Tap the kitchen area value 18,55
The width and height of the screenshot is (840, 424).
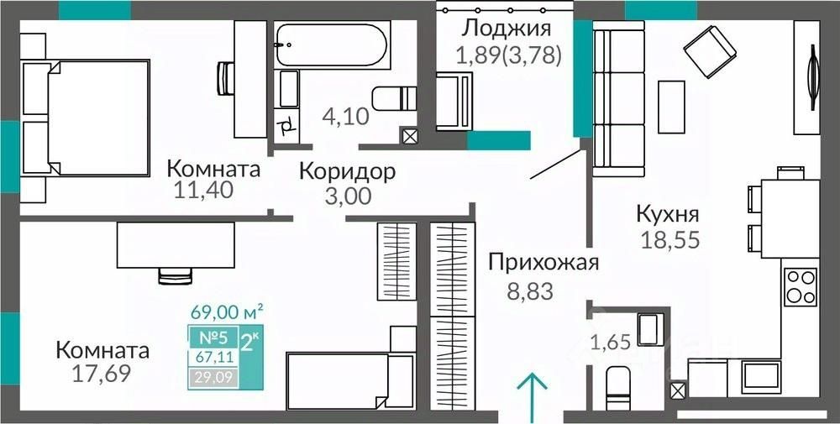coord(670,239)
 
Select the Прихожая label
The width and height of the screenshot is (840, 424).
coord(543,264)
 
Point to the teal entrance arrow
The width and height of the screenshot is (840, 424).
coord(532,396)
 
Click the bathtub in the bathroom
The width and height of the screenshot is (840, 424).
coord(330,44)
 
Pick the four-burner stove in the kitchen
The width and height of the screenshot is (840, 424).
coord(801,287)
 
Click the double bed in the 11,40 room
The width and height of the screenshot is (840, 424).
coord(85,118)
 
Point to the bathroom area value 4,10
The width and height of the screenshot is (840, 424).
coord(346,115)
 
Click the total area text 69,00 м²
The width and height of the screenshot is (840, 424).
coord(227,311)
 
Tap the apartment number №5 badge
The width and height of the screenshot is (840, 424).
coord(213,338)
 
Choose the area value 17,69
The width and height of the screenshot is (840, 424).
coord(102,373)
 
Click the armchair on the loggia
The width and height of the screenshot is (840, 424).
coord(454,102)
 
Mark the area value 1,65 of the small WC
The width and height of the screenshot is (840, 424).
coord(609,340)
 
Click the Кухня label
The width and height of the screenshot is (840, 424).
coord(668,215)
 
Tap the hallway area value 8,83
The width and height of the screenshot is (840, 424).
coord(529,292)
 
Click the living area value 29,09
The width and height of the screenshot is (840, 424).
coord(213,379)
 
